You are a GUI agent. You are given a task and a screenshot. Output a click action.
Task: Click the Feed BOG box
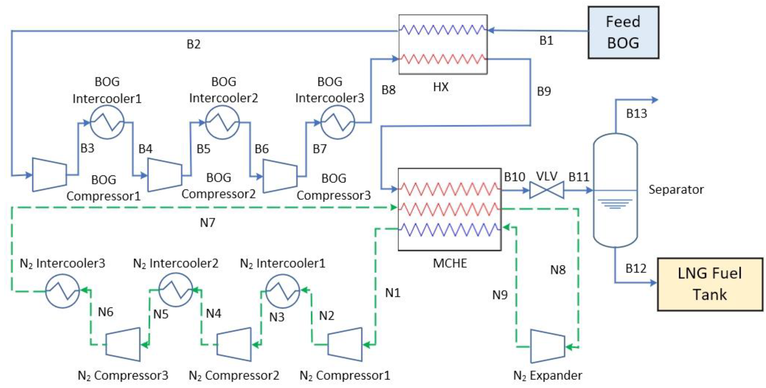click(623, 32)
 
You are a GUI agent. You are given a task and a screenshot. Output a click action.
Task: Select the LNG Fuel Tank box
click(710, 284)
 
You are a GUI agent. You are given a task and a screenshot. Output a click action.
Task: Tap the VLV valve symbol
click(547, 190)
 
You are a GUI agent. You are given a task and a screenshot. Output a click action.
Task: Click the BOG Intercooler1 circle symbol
click(107, 122)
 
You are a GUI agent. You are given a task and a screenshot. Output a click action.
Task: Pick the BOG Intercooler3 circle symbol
click(337, 122)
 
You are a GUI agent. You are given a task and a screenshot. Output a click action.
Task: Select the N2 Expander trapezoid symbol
click(547, 346)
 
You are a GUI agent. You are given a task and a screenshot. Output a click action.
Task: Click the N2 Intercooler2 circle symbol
click(176, 290)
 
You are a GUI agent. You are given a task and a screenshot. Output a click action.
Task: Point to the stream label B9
click(544, 91)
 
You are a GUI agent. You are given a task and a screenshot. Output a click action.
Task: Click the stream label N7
click(207, 223)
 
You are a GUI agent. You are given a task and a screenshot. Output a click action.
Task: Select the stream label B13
click(636, 113)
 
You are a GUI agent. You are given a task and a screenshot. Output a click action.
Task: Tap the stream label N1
click(392, 293)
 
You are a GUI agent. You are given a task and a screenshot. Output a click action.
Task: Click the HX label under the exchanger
click(441, 87)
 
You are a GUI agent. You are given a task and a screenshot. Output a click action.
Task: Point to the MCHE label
click(450, 263)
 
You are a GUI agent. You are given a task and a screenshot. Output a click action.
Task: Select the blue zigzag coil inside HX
click(442, 30)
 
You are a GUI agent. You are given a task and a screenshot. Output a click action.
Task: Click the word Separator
click(676, 189)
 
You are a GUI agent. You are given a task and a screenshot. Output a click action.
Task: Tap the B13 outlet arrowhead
click(654, 100)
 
